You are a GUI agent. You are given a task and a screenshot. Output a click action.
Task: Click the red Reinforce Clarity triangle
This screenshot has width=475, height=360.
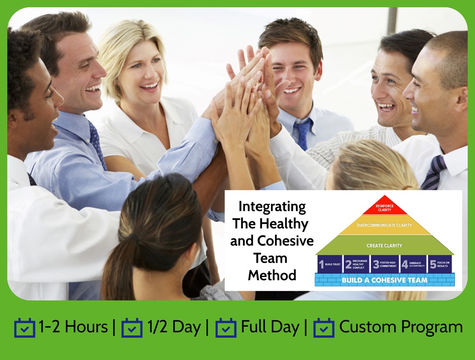[x=385, y=207]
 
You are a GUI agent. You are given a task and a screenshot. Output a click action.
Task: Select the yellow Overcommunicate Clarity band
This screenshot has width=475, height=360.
[x=385, y=225]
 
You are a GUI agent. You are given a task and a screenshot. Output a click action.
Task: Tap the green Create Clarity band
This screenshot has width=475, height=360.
[x=385, y=245]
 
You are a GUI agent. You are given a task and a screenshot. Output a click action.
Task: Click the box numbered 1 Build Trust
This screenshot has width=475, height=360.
[x=330, y=264]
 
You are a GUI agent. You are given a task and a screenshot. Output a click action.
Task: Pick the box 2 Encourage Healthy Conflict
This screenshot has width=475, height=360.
[x=356, y=264]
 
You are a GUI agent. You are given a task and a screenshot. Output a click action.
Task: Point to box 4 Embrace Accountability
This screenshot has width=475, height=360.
[x=413, y=264]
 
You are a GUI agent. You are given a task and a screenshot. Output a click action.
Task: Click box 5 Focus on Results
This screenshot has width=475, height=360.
[x=440, y=264]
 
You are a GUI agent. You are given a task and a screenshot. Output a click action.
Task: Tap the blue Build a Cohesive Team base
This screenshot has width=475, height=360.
[x=385, y=280]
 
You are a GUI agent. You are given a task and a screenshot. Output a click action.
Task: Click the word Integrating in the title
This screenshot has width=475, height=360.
[x=272, y=206]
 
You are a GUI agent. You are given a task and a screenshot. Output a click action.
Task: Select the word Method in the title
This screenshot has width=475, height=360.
[x=272, y=275]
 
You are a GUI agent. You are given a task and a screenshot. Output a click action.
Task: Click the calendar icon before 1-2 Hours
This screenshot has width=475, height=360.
[x=24, y=328]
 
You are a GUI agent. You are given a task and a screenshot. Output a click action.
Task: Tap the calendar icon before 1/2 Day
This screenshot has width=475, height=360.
[x=132, y=328]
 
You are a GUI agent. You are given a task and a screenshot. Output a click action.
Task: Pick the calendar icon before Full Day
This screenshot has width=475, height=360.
[x=226, y=328]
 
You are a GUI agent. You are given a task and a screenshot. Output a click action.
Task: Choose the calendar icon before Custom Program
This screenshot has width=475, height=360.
[x=324, y=328]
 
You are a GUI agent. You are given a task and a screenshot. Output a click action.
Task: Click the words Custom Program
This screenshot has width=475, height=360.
[x=401, y=327]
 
